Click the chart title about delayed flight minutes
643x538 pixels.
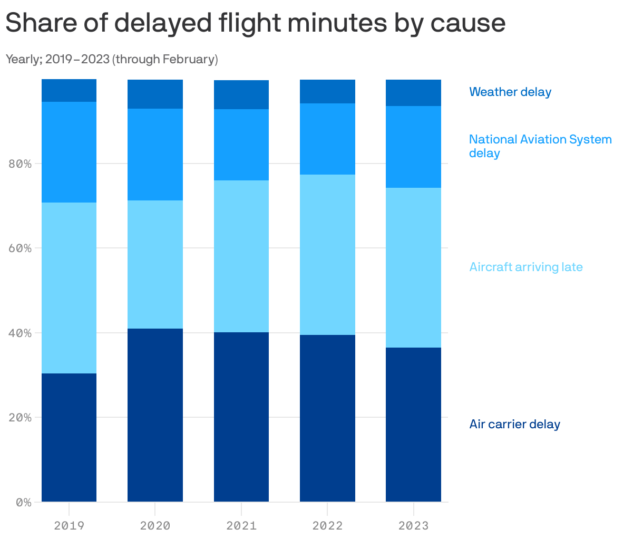(255, 23)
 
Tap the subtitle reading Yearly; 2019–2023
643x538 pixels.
(112, 59)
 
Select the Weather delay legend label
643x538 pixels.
(510, 92)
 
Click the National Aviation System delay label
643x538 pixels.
(540, 146)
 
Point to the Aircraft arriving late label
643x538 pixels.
(525, 267)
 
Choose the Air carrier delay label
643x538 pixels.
(514, 424)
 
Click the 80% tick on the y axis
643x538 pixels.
(20, 164)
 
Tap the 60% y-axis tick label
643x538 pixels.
(20, 248)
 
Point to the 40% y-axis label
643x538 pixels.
(20, 333)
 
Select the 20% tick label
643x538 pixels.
(20, 417)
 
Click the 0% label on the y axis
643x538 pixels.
(23, 502)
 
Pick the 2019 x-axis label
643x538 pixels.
(69, 525)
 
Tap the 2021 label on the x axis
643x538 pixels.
(241, 525)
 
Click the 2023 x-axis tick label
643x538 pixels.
(413, 525)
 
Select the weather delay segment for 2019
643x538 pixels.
(69, 90)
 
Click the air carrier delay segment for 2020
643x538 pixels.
(155, 415)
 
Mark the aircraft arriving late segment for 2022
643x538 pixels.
(327, 255)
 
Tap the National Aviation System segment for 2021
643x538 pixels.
(241, 145)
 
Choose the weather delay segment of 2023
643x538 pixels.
(413, 93)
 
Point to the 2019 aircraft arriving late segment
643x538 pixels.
(69, 288)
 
